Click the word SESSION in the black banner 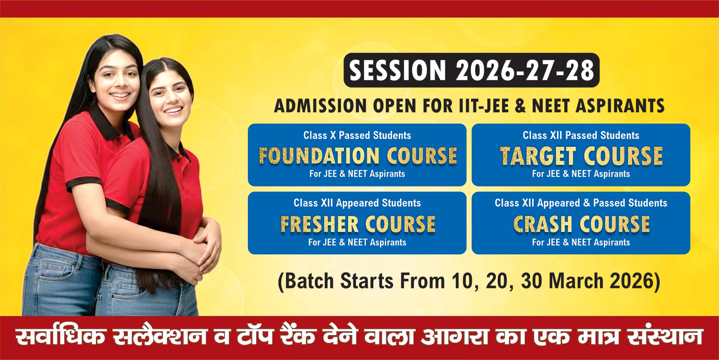point(397,70)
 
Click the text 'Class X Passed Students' point(357,135)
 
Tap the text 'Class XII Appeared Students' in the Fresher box point(357,203)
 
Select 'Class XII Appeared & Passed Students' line point(581,203)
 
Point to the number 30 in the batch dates point(531,281)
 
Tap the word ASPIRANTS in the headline point(620,106)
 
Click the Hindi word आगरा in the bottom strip point(454,337)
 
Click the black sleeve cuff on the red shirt point(83,184)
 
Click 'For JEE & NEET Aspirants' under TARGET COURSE point(581,174)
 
